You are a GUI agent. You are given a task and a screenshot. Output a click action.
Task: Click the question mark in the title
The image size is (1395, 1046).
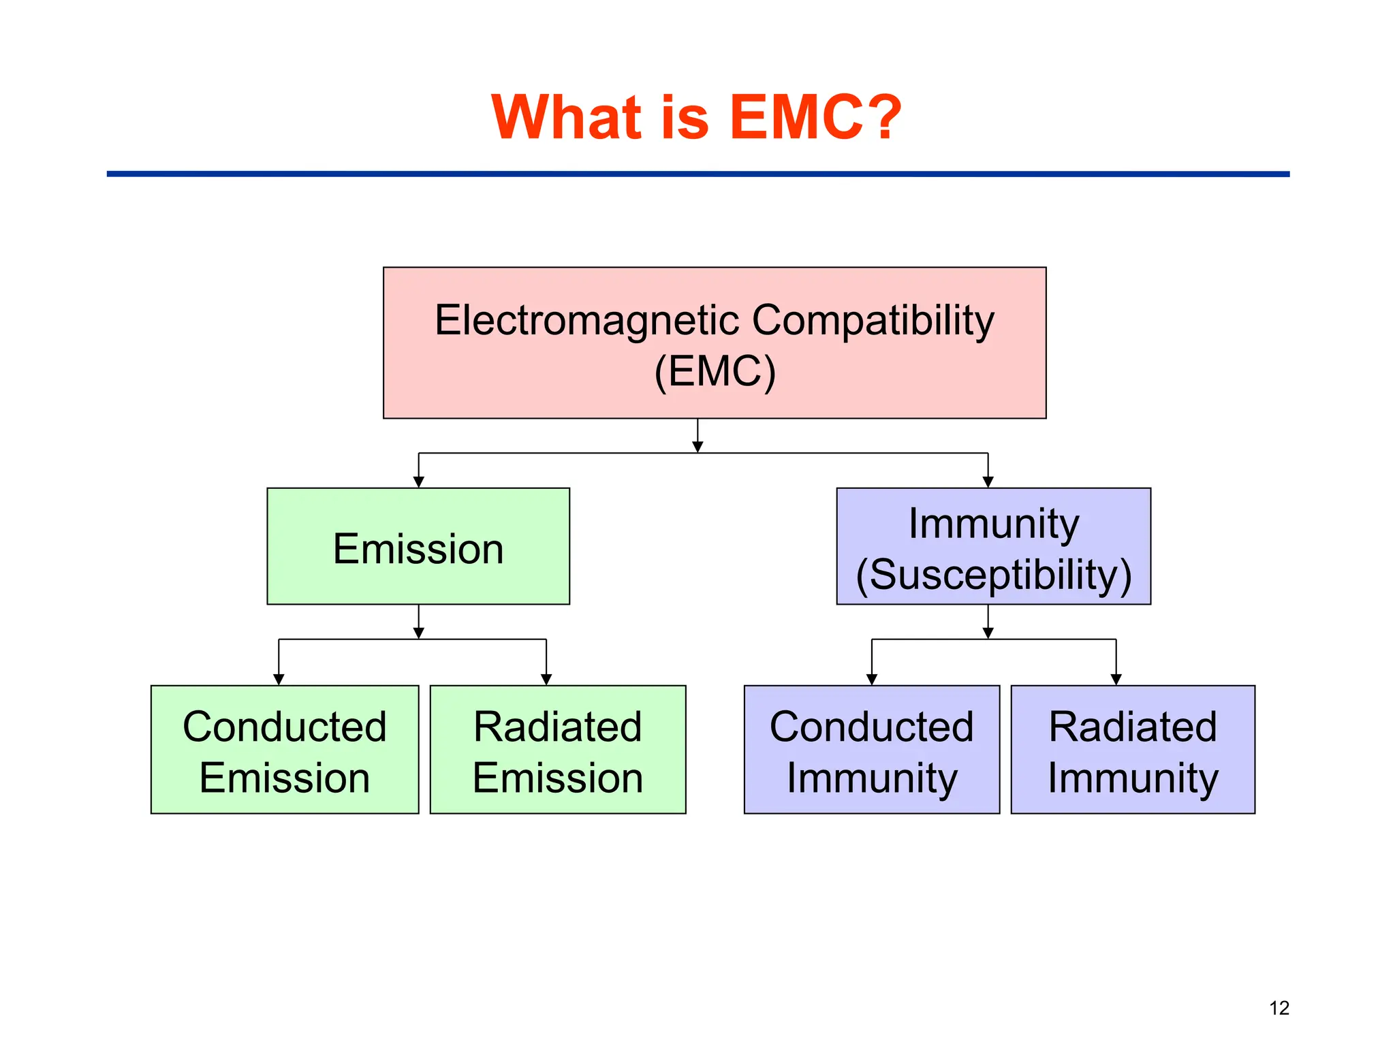[880, 117]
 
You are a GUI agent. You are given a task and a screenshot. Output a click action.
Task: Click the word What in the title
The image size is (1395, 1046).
[566, 117]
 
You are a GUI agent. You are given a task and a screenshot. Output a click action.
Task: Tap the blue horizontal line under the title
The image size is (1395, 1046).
[697, 174]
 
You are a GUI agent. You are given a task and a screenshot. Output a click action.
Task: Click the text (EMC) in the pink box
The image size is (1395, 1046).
[715, 372]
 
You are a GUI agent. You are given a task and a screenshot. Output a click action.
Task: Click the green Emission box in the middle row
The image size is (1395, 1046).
[418, 546]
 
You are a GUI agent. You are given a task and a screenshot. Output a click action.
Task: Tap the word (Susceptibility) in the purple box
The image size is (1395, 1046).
[993, 575]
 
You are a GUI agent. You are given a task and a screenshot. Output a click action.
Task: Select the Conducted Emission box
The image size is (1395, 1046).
[285, 749]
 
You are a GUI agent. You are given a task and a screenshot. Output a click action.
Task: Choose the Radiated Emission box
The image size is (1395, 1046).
[558, 749]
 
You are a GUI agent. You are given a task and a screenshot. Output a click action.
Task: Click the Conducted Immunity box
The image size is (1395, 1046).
[872, 749]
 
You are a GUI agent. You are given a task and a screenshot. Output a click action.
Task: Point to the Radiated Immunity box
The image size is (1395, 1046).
[1133, 749]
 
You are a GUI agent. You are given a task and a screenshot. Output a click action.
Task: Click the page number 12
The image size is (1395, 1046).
[1279, 1008]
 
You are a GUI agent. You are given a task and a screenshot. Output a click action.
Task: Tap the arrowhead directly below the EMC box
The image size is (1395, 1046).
[697, 447]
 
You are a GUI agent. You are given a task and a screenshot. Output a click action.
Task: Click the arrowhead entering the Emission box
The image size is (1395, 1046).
[419, 482]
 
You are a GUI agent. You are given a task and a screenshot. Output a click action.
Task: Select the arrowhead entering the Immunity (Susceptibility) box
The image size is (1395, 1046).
[988, 482]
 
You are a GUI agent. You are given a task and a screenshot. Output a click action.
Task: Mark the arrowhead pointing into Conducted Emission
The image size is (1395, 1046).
[279, 680]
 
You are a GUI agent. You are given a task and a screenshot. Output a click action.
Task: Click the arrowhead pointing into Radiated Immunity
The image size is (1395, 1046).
[1116, 680]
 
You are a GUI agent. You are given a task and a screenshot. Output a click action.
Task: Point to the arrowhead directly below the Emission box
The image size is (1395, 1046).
[419, 633]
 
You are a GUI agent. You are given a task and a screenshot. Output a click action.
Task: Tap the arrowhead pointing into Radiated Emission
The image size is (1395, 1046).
[546, 680]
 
